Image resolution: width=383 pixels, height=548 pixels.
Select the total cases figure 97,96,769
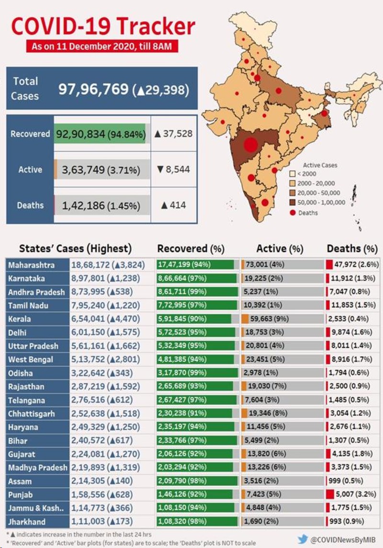coord(93,89)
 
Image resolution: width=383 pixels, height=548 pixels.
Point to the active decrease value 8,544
coord(173,169)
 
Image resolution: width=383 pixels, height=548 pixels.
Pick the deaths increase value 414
coord(173,205)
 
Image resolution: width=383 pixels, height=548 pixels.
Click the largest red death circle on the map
coord(250,144)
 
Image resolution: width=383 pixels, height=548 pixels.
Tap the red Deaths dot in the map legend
coord(294,212)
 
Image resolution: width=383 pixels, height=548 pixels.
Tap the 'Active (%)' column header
coord(280,249)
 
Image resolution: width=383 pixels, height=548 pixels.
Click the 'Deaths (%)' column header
coord(352,249)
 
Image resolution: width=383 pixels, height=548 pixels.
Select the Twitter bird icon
coord(302,538)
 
